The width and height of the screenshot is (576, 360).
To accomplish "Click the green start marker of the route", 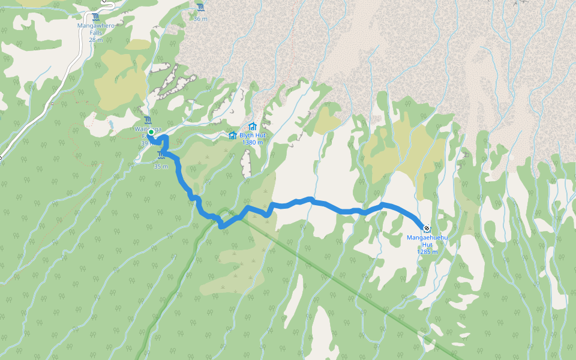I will coord(151,132).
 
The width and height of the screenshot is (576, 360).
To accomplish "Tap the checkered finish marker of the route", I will coord(426,228).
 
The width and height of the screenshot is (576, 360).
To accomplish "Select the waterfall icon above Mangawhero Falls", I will coord(96,17).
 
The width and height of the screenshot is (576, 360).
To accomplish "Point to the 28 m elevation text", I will coord(96,40).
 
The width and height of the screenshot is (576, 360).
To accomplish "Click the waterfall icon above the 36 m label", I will coord(200,8).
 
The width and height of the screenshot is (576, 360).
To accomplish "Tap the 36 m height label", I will coord(200,19).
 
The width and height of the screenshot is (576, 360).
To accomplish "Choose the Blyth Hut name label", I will coord(252,136).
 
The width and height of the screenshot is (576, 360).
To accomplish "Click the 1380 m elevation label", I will coord(252,143).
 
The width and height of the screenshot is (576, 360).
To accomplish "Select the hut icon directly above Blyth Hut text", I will coord(252,127).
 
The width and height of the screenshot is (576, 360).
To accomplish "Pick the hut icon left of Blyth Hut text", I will coord(233,135).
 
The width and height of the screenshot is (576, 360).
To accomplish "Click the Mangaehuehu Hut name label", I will coord(428,238).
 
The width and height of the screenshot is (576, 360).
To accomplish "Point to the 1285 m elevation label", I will coord(427,252).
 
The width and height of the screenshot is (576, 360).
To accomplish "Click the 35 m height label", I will coord(160,166).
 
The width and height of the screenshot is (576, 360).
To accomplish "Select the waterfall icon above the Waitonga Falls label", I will coord(148,119).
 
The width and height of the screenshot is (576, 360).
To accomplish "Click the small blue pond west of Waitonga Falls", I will coord(110,124).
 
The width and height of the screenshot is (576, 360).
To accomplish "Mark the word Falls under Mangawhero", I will coord(96,32).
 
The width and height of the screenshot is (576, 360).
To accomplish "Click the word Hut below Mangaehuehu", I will coord(427,245).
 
